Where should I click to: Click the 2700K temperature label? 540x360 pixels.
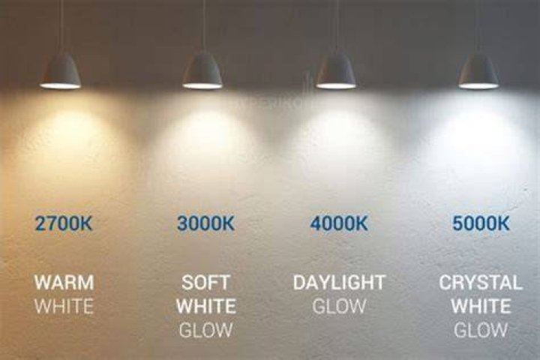pos(64,223)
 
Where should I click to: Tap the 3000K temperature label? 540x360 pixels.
pos(205,223)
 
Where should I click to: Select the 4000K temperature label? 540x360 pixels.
pos(339,223)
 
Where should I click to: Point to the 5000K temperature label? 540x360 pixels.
pos(481,223)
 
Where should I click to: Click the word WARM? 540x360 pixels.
pos(64,283)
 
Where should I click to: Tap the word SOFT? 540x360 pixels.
pos(205,283)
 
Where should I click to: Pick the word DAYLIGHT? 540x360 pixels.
pos(339,283)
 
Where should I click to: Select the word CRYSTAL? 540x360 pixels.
pos(481,283)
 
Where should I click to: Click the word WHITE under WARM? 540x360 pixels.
pos(64,306)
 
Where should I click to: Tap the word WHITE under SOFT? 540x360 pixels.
pos(206,306)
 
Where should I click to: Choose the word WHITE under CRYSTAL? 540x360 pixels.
pos(481,306)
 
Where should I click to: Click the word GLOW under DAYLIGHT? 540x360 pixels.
pos(339,306)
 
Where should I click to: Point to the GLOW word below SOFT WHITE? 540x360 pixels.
pos(205,330)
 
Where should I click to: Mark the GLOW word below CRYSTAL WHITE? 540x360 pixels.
pos(481,330)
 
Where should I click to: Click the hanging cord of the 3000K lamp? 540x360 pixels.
pos(203,26)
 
